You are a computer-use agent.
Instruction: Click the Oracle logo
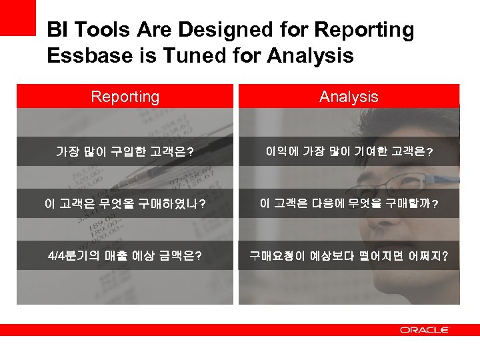tap(424, 329)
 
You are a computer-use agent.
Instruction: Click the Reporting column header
tap(125, 97)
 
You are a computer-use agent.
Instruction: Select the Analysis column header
tap(349, 97)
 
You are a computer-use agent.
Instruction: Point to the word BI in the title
tap(57, 30)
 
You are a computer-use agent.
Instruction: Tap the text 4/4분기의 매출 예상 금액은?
tap(125, 255)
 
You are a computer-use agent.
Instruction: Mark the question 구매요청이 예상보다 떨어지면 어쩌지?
tap(349, 255)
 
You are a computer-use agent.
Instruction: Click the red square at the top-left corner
tap(17, 17)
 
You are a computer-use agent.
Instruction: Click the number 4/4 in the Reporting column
tap(57, 255)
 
